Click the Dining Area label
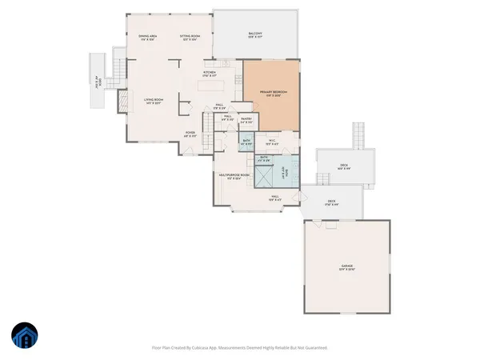146,37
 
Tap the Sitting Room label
189,37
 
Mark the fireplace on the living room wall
122,100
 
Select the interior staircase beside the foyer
207,122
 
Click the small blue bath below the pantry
246,142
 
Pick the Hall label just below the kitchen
218,104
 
